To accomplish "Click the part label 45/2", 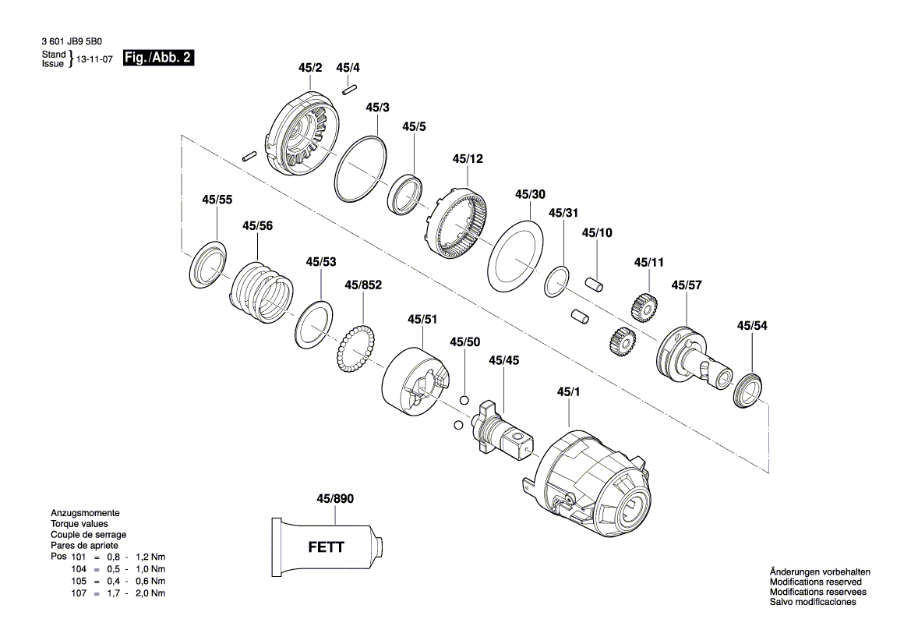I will pos(309,69).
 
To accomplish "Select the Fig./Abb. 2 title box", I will pos(158,58).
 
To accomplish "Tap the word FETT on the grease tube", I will pos(326,547).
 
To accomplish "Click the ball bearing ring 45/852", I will pos(357,352).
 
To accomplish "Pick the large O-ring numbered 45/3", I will pos(360,170).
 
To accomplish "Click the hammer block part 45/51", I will pos(416,379).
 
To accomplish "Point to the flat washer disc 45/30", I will pos(514,255).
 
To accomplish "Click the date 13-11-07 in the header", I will pos(94,59).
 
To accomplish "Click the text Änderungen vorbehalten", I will pos(820,572).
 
